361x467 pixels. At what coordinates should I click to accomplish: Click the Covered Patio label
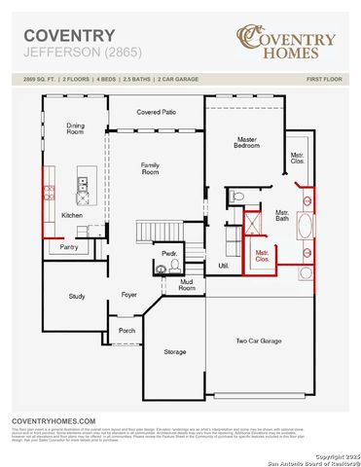pyautogui.click(x=156, y=112)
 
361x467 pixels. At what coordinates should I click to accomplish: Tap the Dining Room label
pyautogui.click(x=75, y=129)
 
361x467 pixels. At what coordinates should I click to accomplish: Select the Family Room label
pyautogui.click(x=151, y=167)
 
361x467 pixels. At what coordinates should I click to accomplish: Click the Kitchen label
pyautogui.click(x=72, y=215)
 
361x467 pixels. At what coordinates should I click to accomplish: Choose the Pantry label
pyautogui.click(x=69, y=247)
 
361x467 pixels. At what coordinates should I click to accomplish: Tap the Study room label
pyautogui.click(x=77, y=296)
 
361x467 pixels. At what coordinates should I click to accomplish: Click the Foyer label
pyautogui.click(x=128, y=293)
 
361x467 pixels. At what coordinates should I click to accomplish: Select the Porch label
pyautogui.click(x=126, y=330)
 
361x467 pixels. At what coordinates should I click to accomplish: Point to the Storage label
pyautogui.click(x=174, y=351)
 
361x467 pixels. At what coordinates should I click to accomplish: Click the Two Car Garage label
pyautogui.click(x=258, y=341)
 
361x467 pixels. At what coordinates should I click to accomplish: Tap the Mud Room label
pyautogui.click(x=186, y=284)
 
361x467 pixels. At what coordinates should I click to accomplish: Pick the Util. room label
pyautogui.click(x=223, y=265)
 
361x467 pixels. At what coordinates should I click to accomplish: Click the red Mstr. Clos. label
pyautogui.click(x=262, y=256)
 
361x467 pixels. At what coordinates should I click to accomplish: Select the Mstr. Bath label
pyautogui.click(x=282, y=215)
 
